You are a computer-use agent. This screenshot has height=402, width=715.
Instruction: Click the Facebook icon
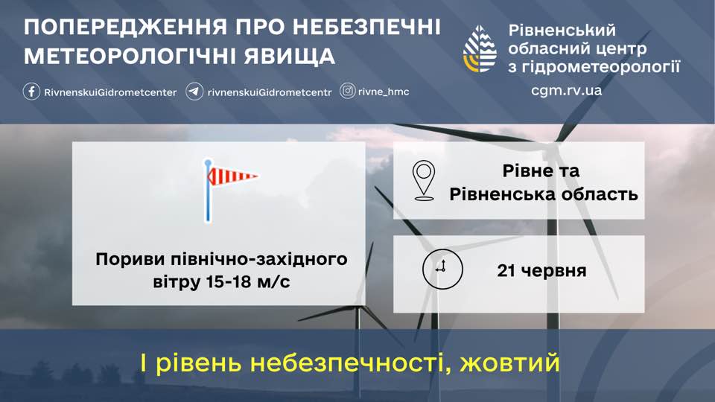[x=31, y=92]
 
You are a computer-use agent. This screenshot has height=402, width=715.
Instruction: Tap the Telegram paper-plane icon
[x=194, y=92]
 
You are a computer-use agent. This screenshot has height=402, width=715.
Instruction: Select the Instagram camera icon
[x=348, y=91]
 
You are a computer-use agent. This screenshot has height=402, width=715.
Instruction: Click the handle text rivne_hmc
[x=384, y=92]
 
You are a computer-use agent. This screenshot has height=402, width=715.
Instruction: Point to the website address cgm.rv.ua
[x=566, y=90]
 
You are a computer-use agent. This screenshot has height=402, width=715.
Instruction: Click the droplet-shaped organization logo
[x=480, y=49]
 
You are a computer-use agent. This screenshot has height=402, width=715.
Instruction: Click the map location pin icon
[x=424, y=180]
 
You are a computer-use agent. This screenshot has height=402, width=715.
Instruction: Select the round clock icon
[x=442, y=269]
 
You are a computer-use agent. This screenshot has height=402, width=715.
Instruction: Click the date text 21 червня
[x=541, y=270]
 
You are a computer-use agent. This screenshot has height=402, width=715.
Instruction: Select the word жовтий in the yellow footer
[x=509, y=363]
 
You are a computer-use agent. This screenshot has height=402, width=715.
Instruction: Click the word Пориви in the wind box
[x=130, y=259]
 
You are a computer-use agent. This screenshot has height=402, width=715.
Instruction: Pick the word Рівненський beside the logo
[x=562, y=30]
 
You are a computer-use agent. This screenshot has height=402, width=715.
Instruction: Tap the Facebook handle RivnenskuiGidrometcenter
[x=110, y=92]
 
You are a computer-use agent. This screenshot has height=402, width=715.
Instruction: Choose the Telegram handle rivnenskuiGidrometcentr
[x=270, y=92]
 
